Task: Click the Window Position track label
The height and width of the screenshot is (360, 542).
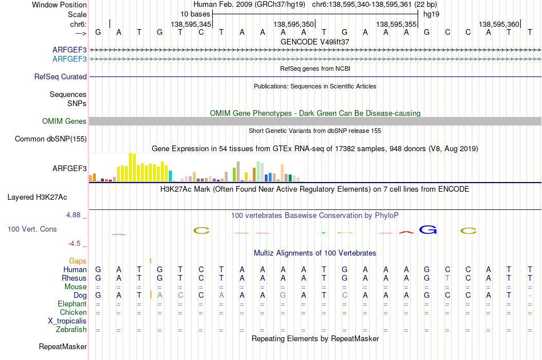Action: coord(59,5)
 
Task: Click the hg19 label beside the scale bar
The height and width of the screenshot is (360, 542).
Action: coord(431,14)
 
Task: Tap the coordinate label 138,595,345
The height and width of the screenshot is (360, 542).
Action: coord(191,24)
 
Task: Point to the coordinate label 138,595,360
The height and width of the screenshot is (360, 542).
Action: coord(499,24)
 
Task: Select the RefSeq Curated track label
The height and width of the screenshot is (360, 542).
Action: coord(60,77)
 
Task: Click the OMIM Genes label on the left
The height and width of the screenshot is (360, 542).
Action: coord(64,121)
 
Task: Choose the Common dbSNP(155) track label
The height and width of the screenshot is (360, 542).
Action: coord(51,139)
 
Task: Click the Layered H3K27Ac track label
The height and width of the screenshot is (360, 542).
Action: coord(37,197)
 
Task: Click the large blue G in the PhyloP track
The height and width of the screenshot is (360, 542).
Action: coord(428,229)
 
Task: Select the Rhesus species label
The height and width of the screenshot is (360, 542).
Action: coord(74,278)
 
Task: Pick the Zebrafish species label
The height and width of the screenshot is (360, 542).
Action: coord(71,330)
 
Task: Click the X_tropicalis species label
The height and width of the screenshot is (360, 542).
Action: coord(67,321)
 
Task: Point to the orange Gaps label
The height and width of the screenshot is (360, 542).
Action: coord(78,261)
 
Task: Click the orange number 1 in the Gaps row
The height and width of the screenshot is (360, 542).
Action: coord(150,261)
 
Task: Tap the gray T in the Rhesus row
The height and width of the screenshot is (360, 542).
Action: coord(447,278)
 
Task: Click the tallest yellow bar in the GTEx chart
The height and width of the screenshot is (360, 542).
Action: coord(130,167)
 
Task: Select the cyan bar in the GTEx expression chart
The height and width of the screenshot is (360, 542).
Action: coord(170,176)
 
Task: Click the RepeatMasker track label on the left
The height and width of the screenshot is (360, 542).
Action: coord(63,346)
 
